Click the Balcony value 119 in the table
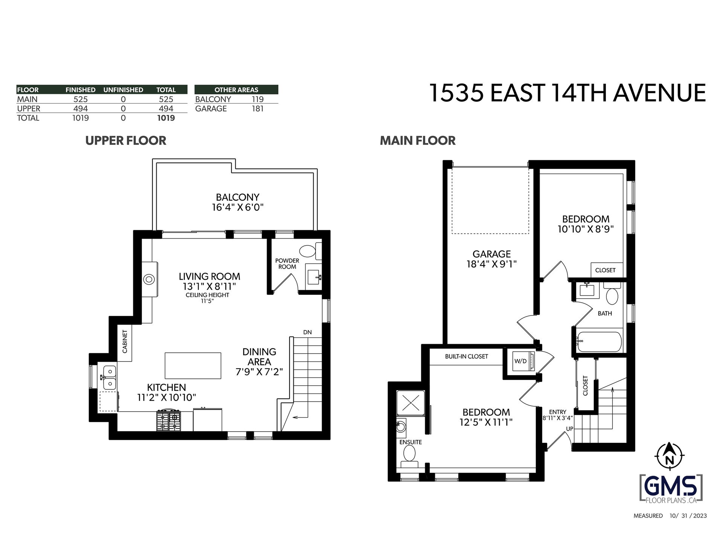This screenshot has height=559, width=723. click(258, 99)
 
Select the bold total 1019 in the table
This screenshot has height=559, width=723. click(166, 118)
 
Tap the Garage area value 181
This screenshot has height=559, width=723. click(258, 109)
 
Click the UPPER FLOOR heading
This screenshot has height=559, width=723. click(126, 141)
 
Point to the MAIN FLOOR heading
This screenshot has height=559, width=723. click(418, 141)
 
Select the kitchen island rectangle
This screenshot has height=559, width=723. click(193, 366)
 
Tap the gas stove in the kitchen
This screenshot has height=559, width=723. click(168, 421)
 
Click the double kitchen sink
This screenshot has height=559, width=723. click(109, 378)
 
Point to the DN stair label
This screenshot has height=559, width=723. click(307, 332)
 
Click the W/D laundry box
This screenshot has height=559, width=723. click(521, 361)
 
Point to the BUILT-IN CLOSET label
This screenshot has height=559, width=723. click(466, 356)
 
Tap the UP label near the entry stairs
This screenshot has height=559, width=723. click(570, 429)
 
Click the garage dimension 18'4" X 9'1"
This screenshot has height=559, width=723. click(491, 264)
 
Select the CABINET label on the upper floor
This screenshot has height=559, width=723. click(125, 341)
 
